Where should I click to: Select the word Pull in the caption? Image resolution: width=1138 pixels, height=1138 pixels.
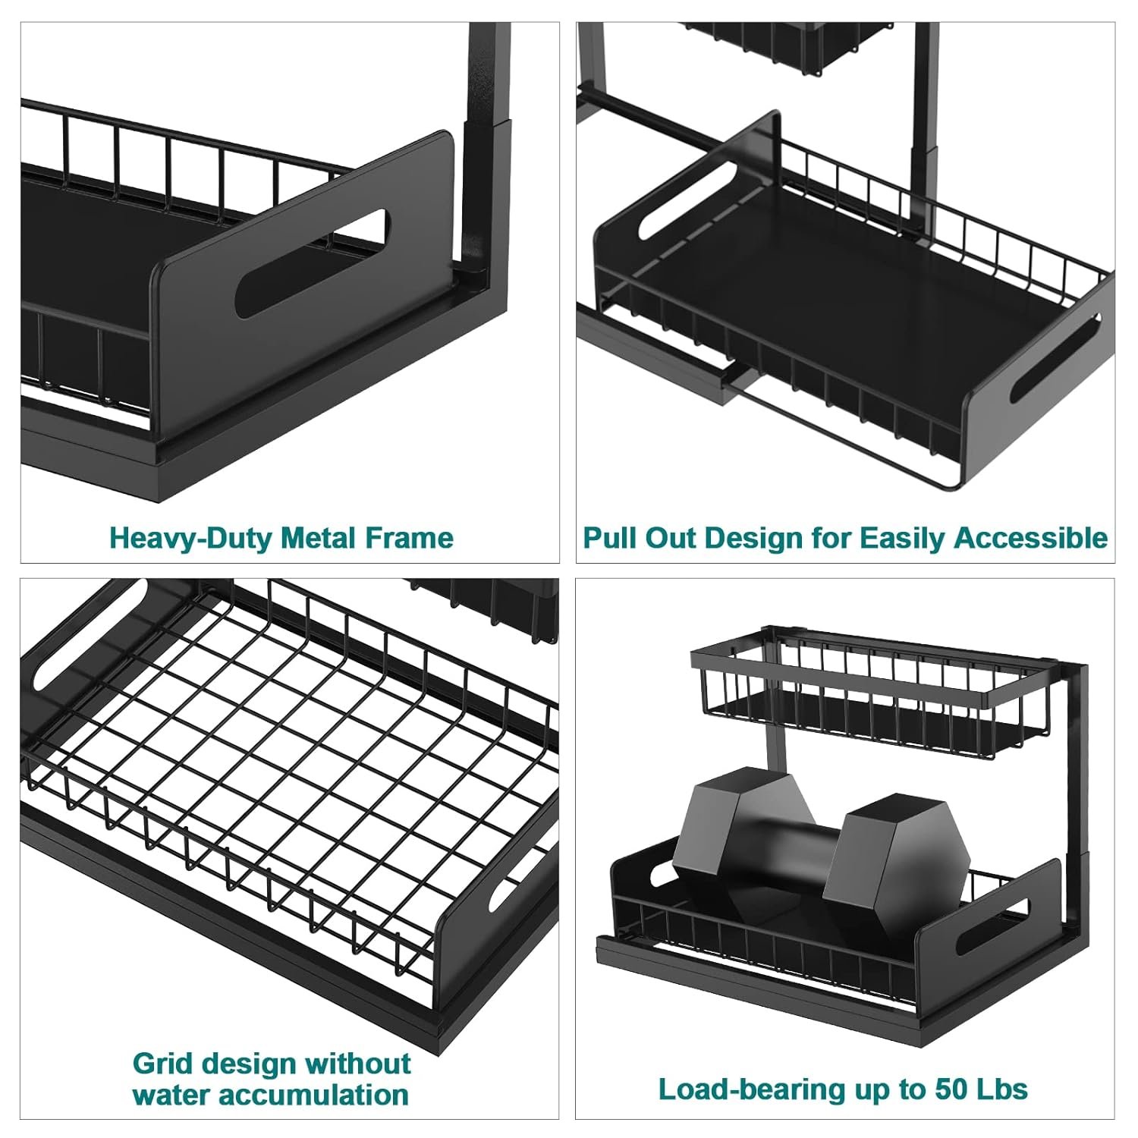[x=611, y=538]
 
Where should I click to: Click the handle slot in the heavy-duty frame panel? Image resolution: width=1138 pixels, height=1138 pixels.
[x=312, y=262]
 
